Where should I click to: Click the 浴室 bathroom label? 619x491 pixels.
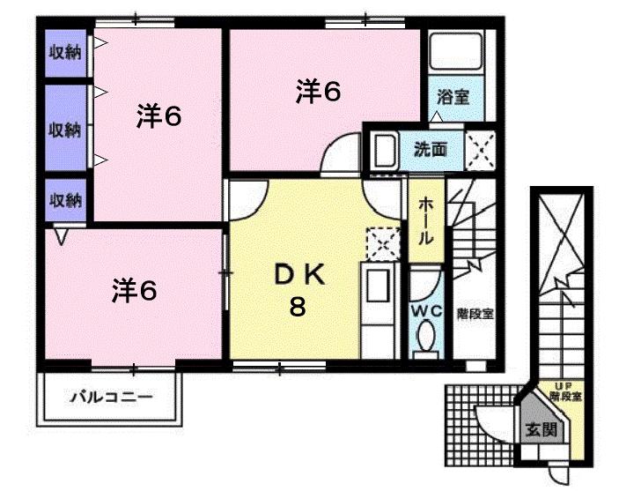tap(453, 97)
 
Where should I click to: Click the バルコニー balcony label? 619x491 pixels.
tap(111, 397)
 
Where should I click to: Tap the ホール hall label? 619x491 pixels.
tap(425, 220)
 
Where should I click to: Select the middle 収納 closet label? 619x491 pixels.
tap(64, 130)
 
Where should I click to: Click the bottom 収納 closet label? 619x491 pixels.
tap(64, 199)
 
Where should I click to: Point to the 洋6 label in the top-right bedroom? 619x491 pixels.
tap(318, 92)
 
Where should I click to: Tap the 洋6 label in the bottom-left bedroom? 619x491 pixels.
tap(134, 290)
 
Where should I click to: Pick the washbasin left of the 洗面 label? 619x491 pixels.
tap(384, 152)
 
